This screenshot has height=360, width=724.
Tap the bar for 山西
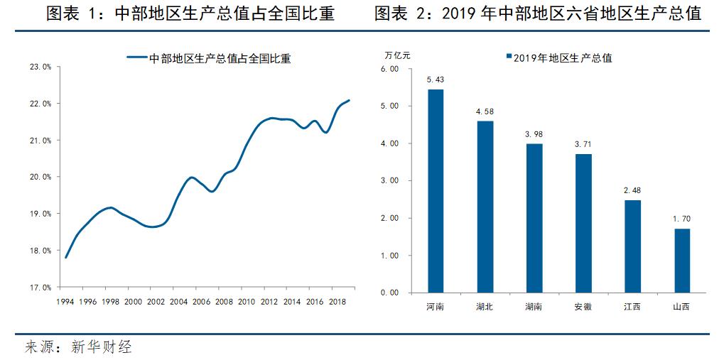[681, 260]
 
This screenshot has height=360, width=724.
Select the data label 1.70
[681, 219]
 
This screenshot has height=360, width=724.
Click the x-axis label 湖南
[534, 307]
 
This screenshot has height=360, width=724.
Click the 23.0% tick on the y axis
[40, 67]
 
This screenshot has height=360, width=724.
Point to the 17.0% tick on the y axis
[40, 288]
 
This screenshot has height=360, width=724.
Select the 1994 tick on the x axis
[65, 301]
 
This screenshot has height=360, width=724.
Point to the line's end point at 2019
[349, 100]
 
